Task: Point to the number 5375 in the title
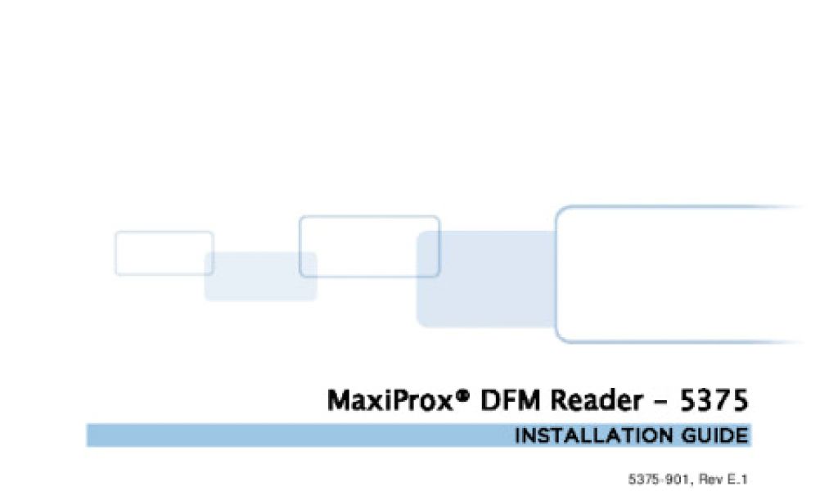pyautogui.click(x=714, y=401)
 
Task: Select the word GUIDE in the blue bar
pyautogui.click(x=714, y=435)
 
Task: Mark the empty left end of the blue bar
pyautogui.click(x=164, y=435)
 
